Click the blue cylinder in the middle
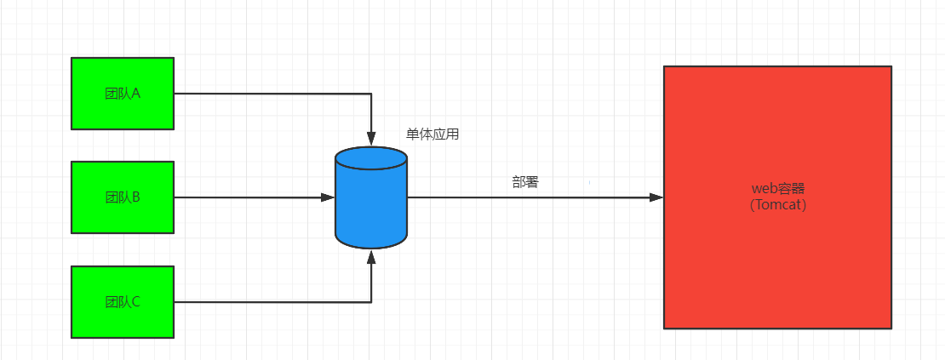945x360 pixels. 371,204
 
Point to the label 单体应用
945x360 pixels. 432,134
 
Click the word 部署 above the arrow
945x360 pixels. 525,182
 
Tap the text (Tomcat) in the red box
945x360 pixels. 778,205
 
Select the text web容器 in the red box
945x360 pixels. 778,189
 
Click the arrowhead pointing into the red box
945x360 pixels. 656,197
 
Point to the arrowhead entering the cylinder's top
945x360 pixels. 371,137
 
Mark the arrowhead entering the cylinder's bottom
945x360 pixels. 371,255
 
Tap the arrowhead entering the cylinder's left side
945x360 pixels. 328,197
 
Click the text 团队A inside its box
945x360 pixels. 122,94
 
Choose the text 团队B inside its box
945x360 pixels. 122,197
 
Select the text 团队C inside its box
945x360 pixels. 122,302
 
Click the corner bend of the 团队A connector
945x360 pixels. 371,94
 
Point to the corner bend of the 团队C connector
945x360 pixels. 371,302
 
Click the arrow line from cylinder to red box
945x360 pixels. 528,197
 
